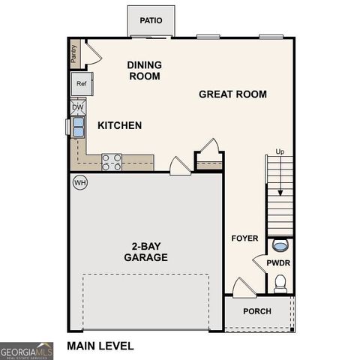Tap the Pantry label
(x=73, y=52)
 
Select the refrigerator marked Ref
(x=81, y=84)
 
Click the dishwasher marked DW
(x=78, y=107)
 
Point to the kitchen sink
(x=79, y=126)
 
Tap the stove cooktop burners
(x=112, y=162)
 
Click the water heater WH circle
(x=79, y=182)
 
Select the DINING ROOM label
(x=145, y=70)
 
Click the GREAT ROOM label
(x=232, y=94)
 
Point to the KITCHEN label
(x=118, y=125)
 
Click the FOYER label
(x=244, y=238)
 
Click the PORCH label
(x=257, y=311)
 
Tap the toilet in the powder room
(x=280, y=283)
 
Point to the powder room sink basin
(x=280, y=245)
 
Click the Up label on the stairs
(x=280, y=152)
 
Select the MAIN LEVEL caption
(x=100, y=346)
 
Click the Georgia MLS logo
(x=26, y=350)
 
